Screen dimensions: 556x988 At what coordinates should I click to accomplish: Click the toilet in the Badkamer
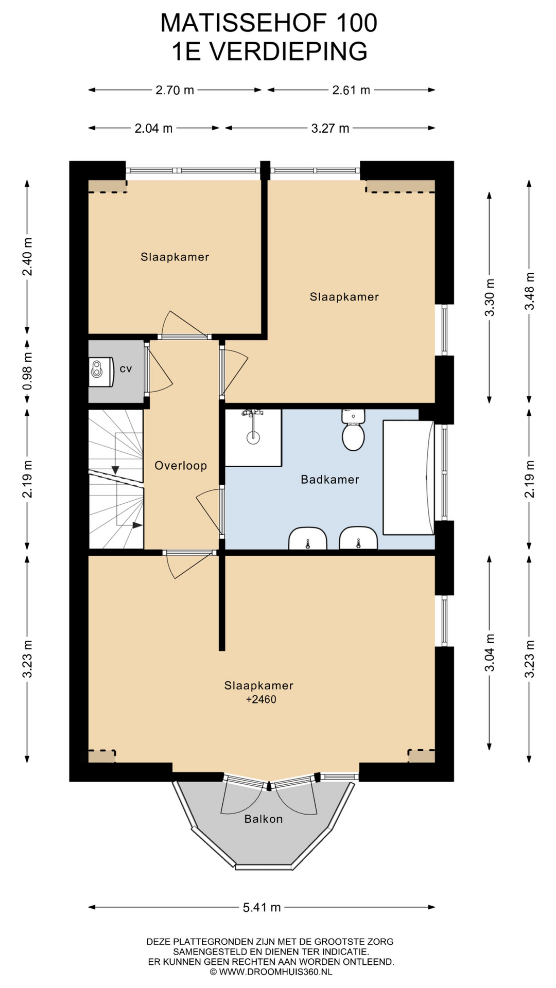(x=353, y=430)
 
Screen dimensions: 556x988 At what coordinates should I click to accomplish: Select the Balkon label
(x=264, y=819)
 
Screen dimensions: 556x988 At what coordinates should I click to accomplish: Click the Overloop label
(x=181, y=466)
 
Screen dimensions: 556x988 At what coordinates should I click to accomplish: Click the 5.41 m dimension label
(x=262, y=907)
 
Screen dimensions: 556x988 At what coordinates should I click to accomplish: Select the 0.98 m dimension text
(x=27, y=370)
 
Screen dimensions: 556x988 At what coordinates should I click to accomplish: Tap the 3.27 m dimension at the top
(x=330, y=128)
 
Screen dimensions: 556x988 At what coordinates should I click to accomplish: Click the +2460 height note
(x=261, y=699)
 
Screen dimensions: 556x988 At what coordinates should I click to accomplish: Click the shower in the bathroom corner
(x=253, y=437)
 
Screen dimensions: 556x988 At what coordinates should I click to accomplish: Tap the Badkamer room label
(x=330, y=480)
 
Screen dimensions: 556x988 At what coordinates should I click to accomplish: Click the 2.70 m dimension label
(x=175, y=90)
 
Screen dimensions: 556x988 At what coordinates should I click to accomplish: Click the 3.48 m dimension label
(x=529, y=291)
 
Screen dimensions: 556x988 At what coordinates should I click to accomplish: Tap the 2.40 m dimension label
(x=27, y=256)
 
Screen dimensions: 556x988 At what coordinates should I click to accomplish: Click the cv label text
(x=126, y=369)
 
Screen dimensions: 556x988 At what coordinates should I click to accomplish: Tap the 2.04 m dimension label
(x=153, y=128)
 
